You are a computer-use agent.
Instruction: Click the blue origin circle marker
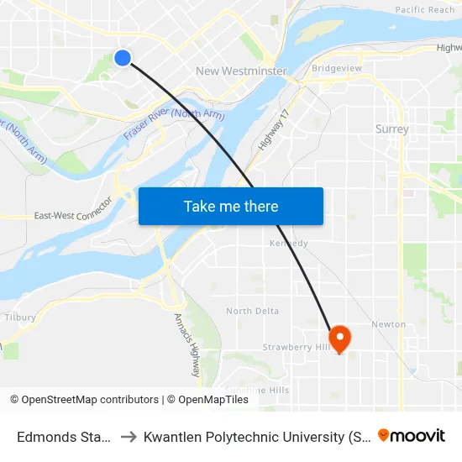click(123, 57)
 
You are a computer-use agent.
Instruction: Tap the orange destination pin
click(340, 339)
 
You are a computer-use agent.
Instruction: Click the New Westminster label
click(241, 71)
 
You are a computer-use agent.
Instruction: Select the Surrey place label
click(392, 129)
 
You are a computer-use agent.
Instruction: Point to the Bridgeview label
click(336, 68)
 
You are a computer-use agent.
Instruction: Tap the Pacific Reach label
click(424, 10)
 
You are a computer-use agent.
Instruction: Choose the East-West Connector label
click(73, 215)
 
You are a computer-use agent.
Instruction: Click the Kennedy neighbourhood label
click(289, 244)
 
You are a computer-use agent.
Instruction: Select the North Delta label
click(252, 311)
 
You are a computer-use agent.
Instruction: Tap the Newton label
click(388, 324)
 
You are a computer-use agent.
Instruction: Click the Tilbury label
click(20, 318)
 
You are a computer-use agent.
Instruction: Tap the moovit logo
click(412, 435)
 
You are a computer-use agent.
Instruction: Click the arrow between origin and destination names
click(129, 436)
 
